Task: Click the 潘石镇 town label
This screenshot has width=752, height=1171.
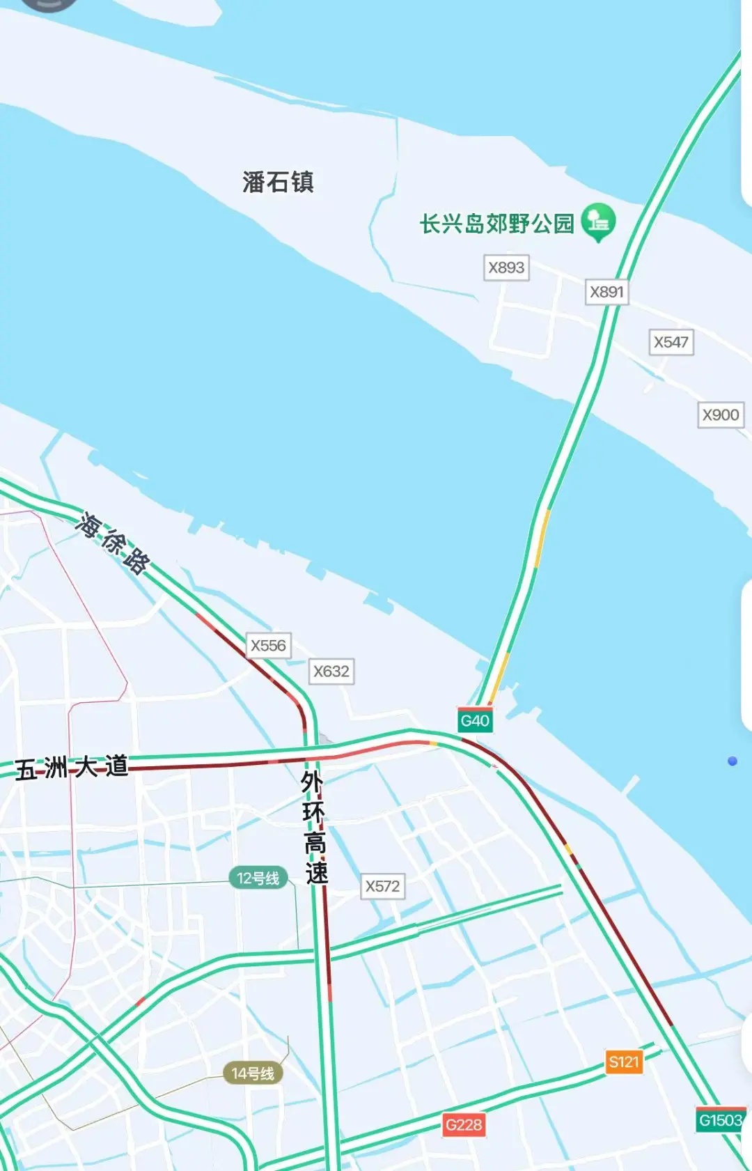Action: coord(278,183)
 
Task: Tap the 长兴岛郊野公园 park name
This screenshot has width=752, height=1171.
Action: coord(496,224)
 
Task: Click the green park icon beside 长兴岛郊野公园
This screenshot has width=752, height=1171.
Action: coord(598,222)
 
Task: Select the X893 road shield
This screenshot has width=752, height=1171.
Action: coord(506,267)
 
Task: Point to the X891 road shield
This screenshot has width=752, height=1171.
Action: coord(606,292)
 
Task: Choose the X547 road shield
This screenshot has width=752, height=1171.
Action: coord(671,342)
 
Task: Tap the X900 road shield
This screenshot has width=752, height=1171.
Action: coord(721,415)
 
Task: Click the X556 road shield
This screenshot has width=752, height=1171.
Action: coord(268,646)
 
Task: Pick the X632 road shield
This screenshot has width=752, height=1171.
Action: coord(331,672)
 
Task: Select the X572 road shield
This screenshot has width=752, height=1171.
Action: coord(383,886)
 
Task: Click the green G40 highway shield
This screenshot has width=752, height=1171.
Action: coord(475,720)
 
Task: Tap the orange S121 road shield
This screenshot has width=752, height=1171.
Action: coord(623,1062)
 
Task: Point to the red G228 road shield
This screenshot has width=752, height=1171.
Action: coord(464,1124)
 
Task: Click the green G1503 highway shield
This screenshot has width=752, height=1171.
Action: coord(721,1120)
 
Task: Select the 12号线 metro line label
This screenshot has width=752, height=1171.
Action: coord(258,878)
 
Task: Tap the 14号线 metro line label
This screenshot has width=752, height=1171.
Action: coord(253,1073)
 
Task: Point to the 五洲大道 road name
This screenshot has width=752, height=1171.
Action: coord(72,768)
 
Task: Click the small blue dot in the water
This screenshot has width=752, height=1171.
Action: coord(733,761)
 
